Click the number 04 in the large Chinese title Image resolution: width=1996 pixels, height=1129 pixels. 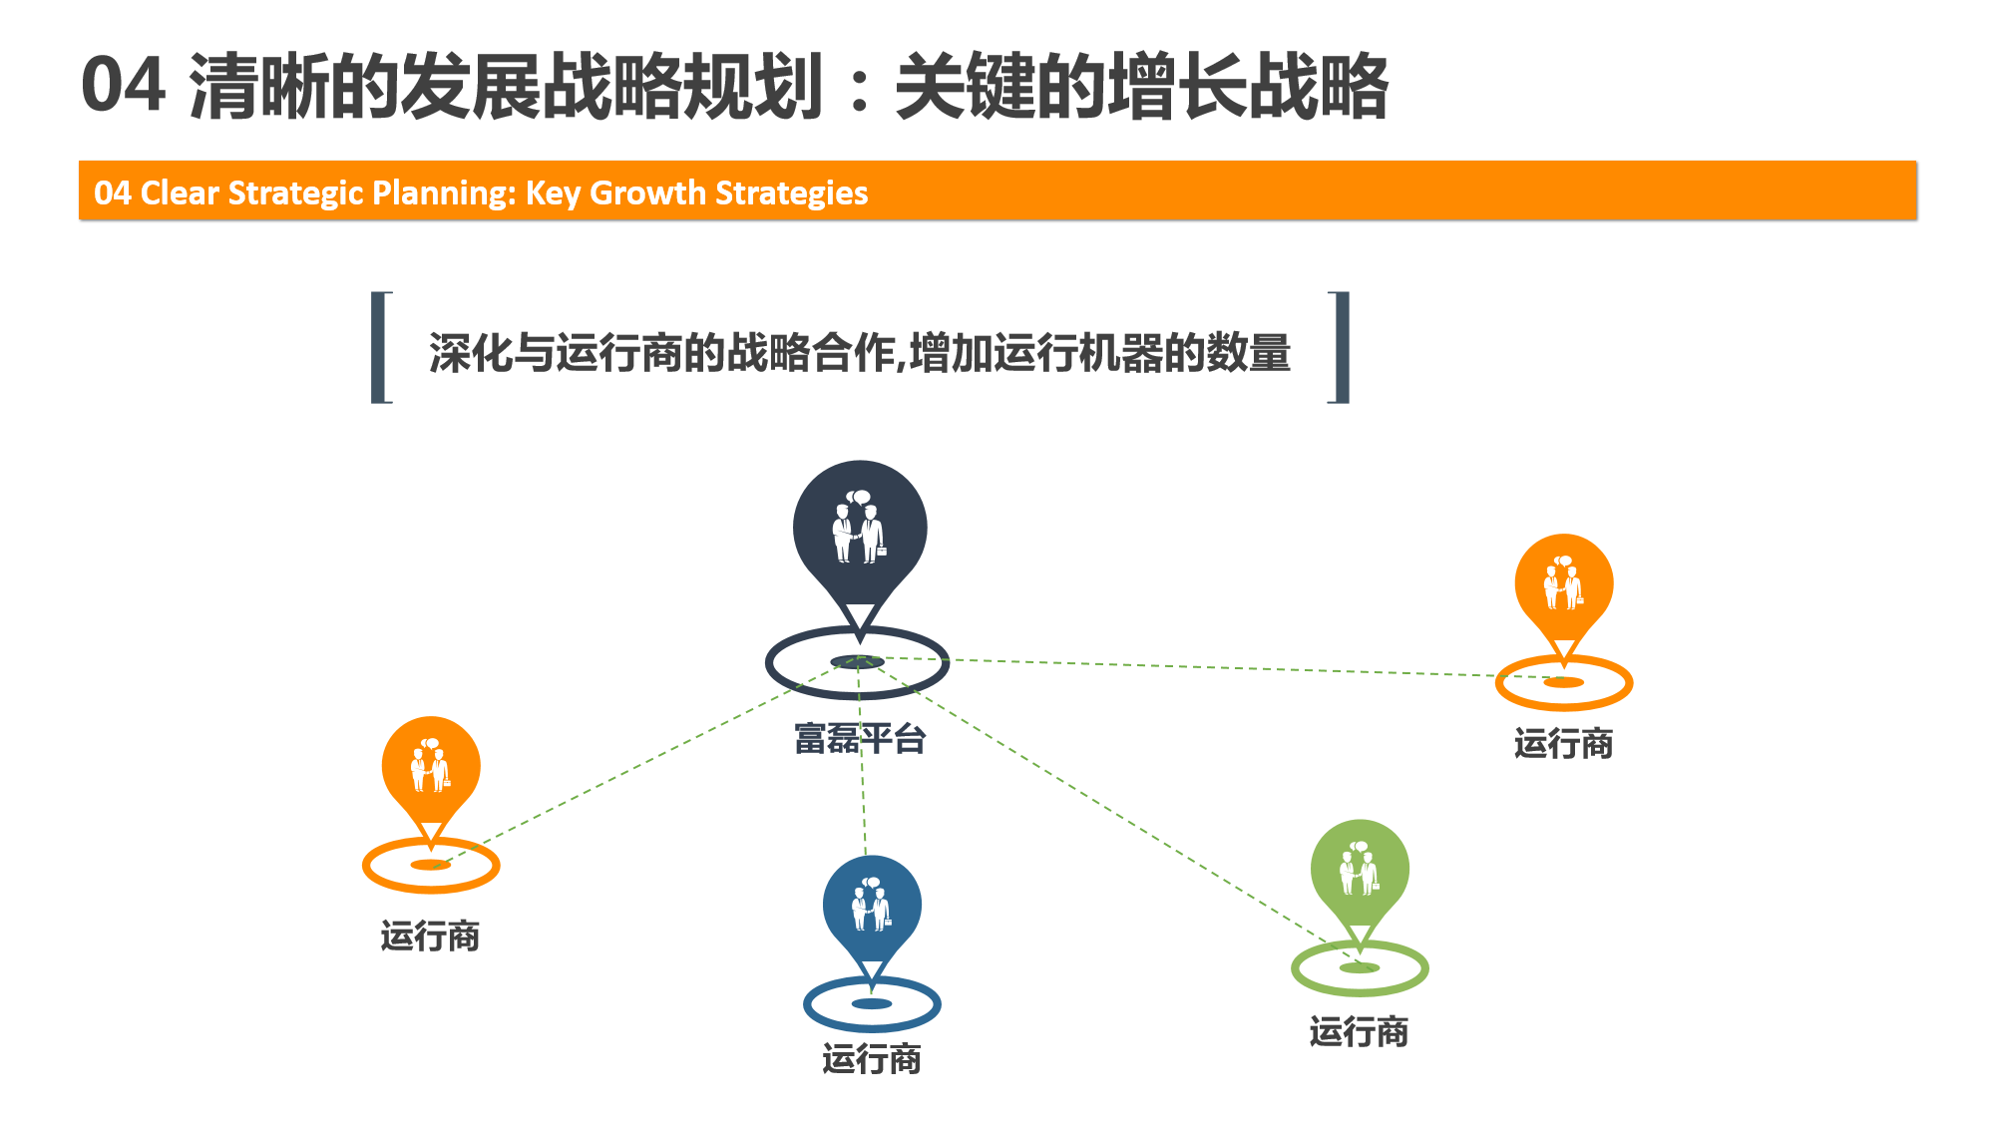coord(123,86)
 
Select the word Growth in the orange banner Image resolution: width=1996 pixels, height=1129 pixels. coord(647,192)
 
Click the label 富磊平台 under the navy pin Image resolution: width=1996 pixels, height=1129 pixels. coord(860,739)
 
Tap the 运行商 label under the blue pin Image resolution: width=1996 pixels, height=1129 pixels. coord(872,1059)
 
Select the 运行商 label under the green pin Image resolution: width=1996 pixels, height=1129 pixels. coord(1360,1031)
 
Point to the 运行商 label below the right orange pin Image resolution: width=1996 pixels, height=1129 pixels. coord(1564,744)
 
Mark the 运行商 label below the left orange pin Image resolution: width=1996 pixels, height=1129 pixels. coord(431,937)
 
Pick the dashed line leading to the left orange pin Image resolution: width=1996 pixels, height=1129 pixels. coord(644,763)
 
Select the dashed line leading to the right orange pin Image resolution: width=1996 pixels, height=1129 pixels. coord(1211,670)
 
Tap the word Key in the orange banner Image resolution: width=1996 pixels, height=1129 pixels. coord(553,193)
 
